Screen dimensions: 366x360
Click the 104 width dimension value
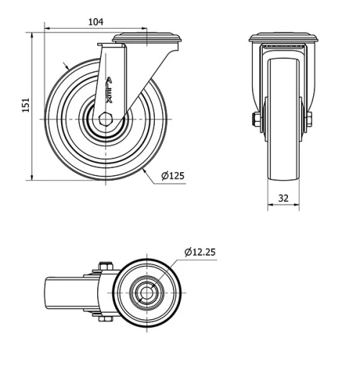click(x=95, y=22)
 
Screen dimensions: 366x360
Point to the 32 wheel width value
click(x=284, y=196)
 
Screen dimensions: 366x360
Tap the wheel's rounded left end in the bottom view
click(x=50, y=294)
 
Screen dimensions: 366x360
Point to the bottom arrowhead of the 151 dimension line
click(x=33, y=177)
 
